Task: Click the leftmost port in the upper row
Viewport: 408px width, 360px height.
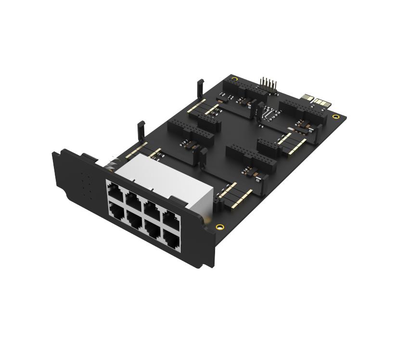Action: pos(116,190)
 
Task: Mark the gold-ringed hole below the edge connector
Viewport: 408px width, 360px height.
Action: pos(335,117)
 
